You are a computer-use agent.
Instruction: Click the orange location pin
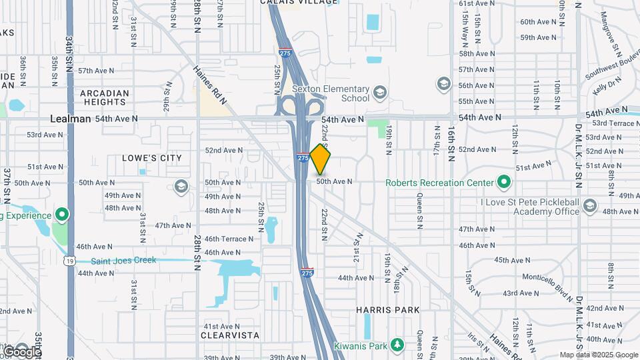pos(321,159)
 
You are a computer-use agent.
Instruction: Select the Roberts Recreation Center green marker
pos(504,182)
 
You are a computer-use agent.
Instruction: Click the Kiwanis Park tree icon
pos(397,345)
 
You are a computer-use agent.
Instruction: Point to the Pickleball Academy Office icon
pos(589,206)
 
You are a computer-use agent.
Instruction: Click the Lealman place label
pos(70,118)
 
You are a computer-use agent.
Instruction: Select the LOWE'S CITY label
pos(152,158)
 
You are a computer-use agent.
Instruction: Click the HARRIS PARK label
pos(388,309)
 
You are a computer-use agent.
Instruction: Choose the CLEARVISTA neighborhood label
pos(230,335)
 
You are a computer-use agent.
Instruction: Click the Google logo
pos(21,351)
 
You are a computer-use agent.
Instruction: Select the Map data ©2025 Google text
pos(598,355)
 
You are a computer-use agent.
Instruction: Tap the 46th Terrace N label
pos(229,239)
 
